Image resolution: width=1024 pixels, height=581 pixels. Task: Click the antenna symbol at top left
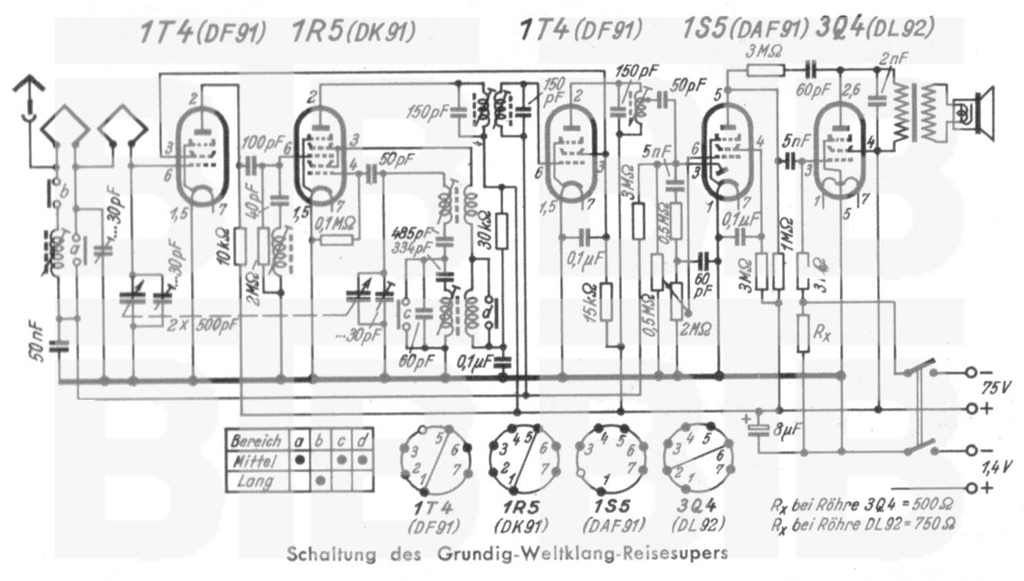click(x=29, y=96)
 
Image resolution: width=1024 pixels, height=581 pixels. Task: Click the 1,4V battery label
click(x=994, y=468)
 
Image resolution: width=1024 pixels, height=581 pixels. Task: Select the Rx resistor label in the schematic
click(x=821, y=334)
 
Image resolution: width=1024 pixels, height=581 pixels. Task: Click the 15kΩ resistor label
click(x=590, y=303)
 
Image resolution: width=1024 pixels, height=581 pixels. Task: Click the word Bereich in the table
click(x=256, y=440)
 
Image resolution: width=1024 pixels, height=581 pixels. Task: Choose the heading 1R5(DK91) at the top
click(x=353, y=32)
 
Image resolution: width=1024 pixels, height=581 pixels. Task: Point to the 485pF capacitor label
click(x=411, y=231)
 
